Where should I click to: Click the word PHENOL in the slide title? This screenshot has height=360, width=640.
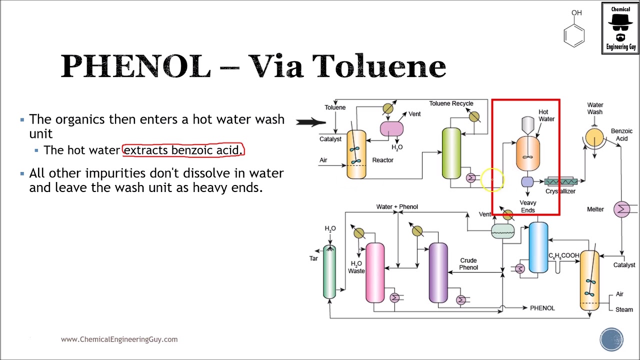pyautogui.click(x=135, y=66)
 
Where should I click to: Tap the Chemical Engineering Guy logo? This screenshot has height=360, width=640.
pyautogui.click(x=620, y=28)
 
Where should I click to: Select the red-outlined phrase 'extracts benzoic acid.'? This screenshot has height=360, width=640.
pyautogui.click(x=183, y=150)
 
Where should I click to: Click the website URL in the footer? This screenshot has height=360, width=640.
pyautogui.click(x=119, y=339)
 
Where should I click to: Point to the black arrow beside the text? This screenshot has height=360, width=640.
pyautogui.click(x=310, y=121)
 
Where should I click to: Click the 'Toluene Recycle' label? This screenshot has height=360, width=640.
pyautogui.click(x=450, y=103)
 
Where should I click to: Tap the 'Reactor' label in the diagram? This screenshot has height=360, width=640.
pyautogui.click(x=382, y=160)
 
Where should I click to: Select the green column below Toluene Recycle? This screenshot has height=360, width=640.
pyautogui.click(x=451, y=153)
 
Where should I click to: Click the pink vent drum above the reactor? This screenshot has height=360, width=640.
pyautogui.click(x=391, y=129)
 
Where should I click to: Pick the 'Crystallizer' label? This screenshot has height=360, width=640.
pyautogui.click(x=560, y=191)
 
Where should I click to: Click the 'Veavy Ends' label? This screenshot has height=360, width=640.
pyautogui.click(x=528, y=206)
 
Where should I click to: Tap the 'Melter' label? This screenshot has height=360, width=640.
pyautogui.click(x=595, y=209)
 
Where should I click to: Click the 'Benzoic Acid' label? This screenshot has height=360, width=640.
pyautogui.click(x=621, y=134)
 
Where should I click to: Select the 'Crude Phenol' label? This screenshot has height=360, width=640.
pyautogui.click(x=468, y=264)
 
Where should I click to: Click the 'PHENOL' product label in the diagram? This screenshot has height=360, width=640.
pyautogui.click(x=542, y=308)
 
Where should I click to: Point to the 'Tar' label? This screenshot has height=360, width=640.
pyautogui.click(x=313, y=258)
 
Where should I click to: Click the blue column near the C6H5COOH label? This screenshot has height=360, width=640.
pyautogui.click(x=538, y=248)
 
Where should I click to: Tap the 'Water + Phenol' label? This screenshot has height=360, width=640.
pyautogui.click(x=397, y=206)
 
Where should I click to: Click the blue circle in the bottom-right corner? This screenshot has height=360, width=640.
pyautogui.click(x=611, y=339)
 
